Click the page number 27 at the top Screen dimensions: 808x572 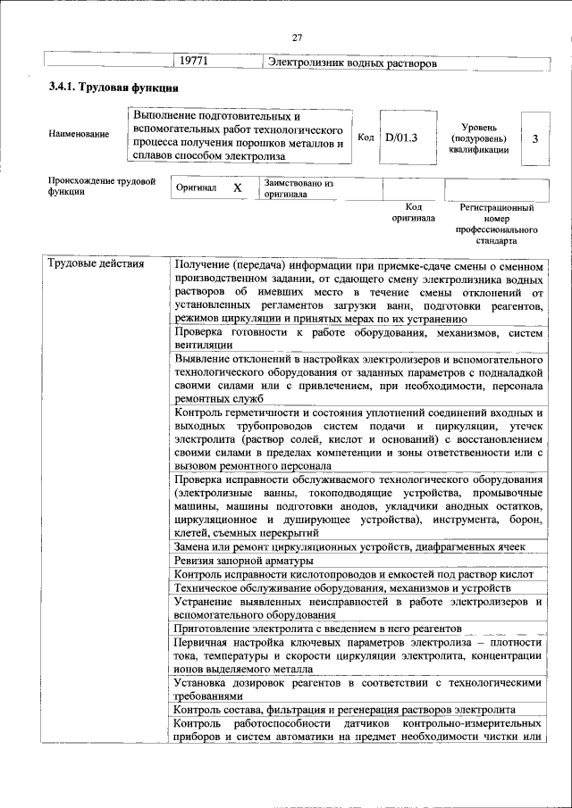298,37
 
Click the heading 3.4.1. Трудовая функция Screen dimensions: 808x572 114,89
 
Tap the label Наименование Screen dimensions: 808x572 80,135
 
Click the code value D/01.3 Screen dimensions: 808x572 401,137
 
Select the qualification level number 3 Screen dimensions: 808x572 534,138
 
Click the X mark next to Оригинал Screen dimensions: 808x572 237,189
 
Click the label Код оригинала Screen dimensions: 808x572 412,212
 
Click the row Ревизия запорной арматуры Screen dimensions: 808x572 243,560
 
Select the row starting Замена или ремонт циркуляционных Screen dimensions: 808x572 349,546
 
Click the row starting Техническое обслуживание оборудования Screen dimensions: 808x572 342,588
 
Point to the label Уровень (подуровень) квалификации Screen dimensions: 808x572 479,139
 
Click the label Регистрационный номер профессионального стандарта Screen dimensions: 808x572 497,223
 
